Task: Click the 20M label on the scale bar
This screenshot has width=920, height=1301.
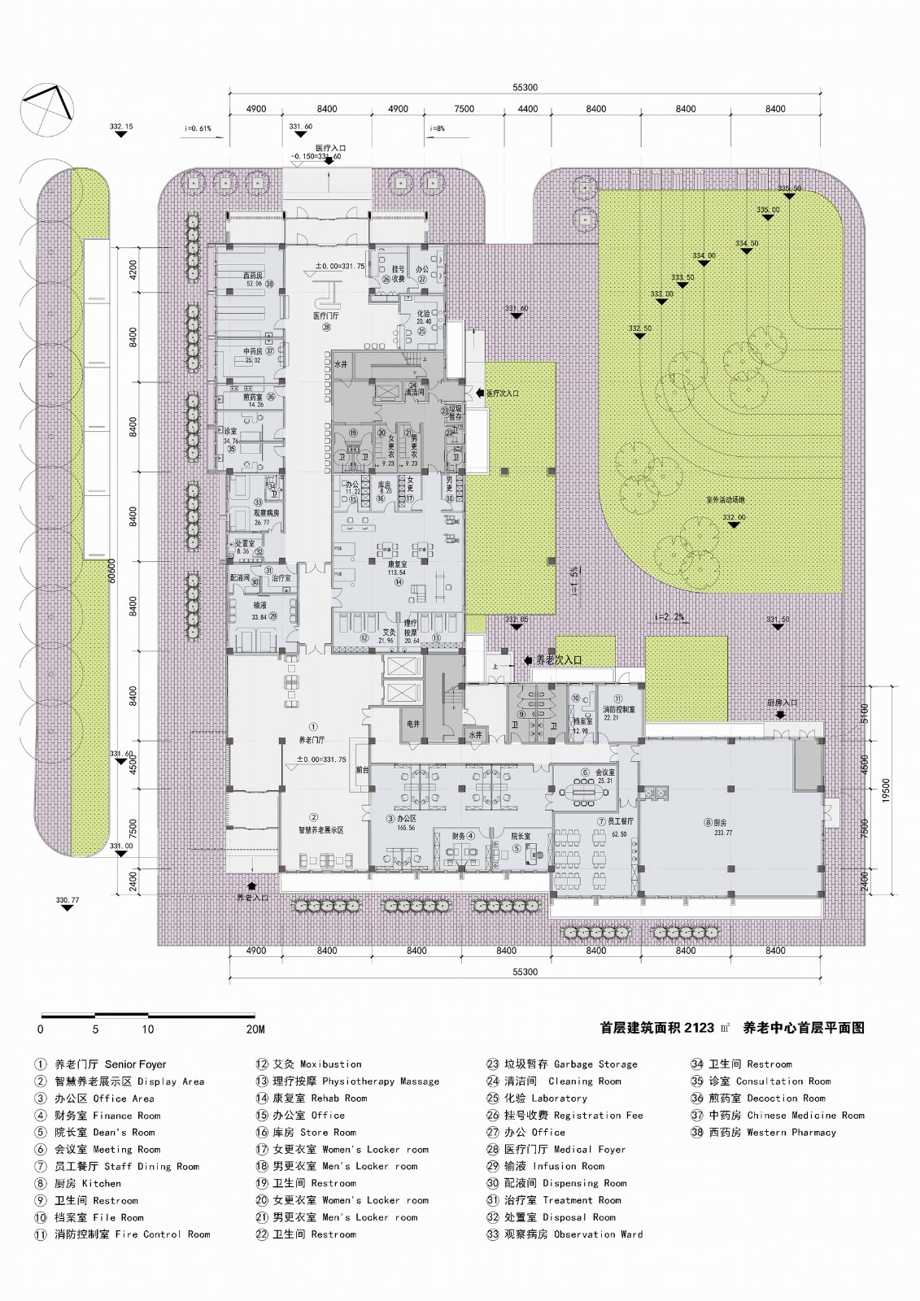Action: [x=255, y=1029]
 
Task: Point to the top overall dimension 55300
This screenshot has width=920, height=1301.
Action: [x=525, y=88]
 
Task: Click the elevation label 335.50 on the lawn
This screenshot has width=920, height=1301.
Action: [x=789, y=189]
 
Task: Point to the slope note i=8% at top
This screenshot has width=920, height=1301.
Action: [x=438, y=128]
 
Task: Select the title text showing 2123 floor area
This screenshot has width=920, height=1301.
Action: [x=664, y=1027]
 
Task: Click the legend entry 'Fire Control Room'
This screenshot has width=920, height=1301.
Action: [x=122, y=1234]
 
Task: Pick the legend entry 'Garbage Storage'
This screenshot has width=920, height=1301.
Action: [x=561, y=1064]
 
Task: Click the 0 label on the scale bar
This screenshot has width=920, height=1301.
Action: [x=41, y=1029]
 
